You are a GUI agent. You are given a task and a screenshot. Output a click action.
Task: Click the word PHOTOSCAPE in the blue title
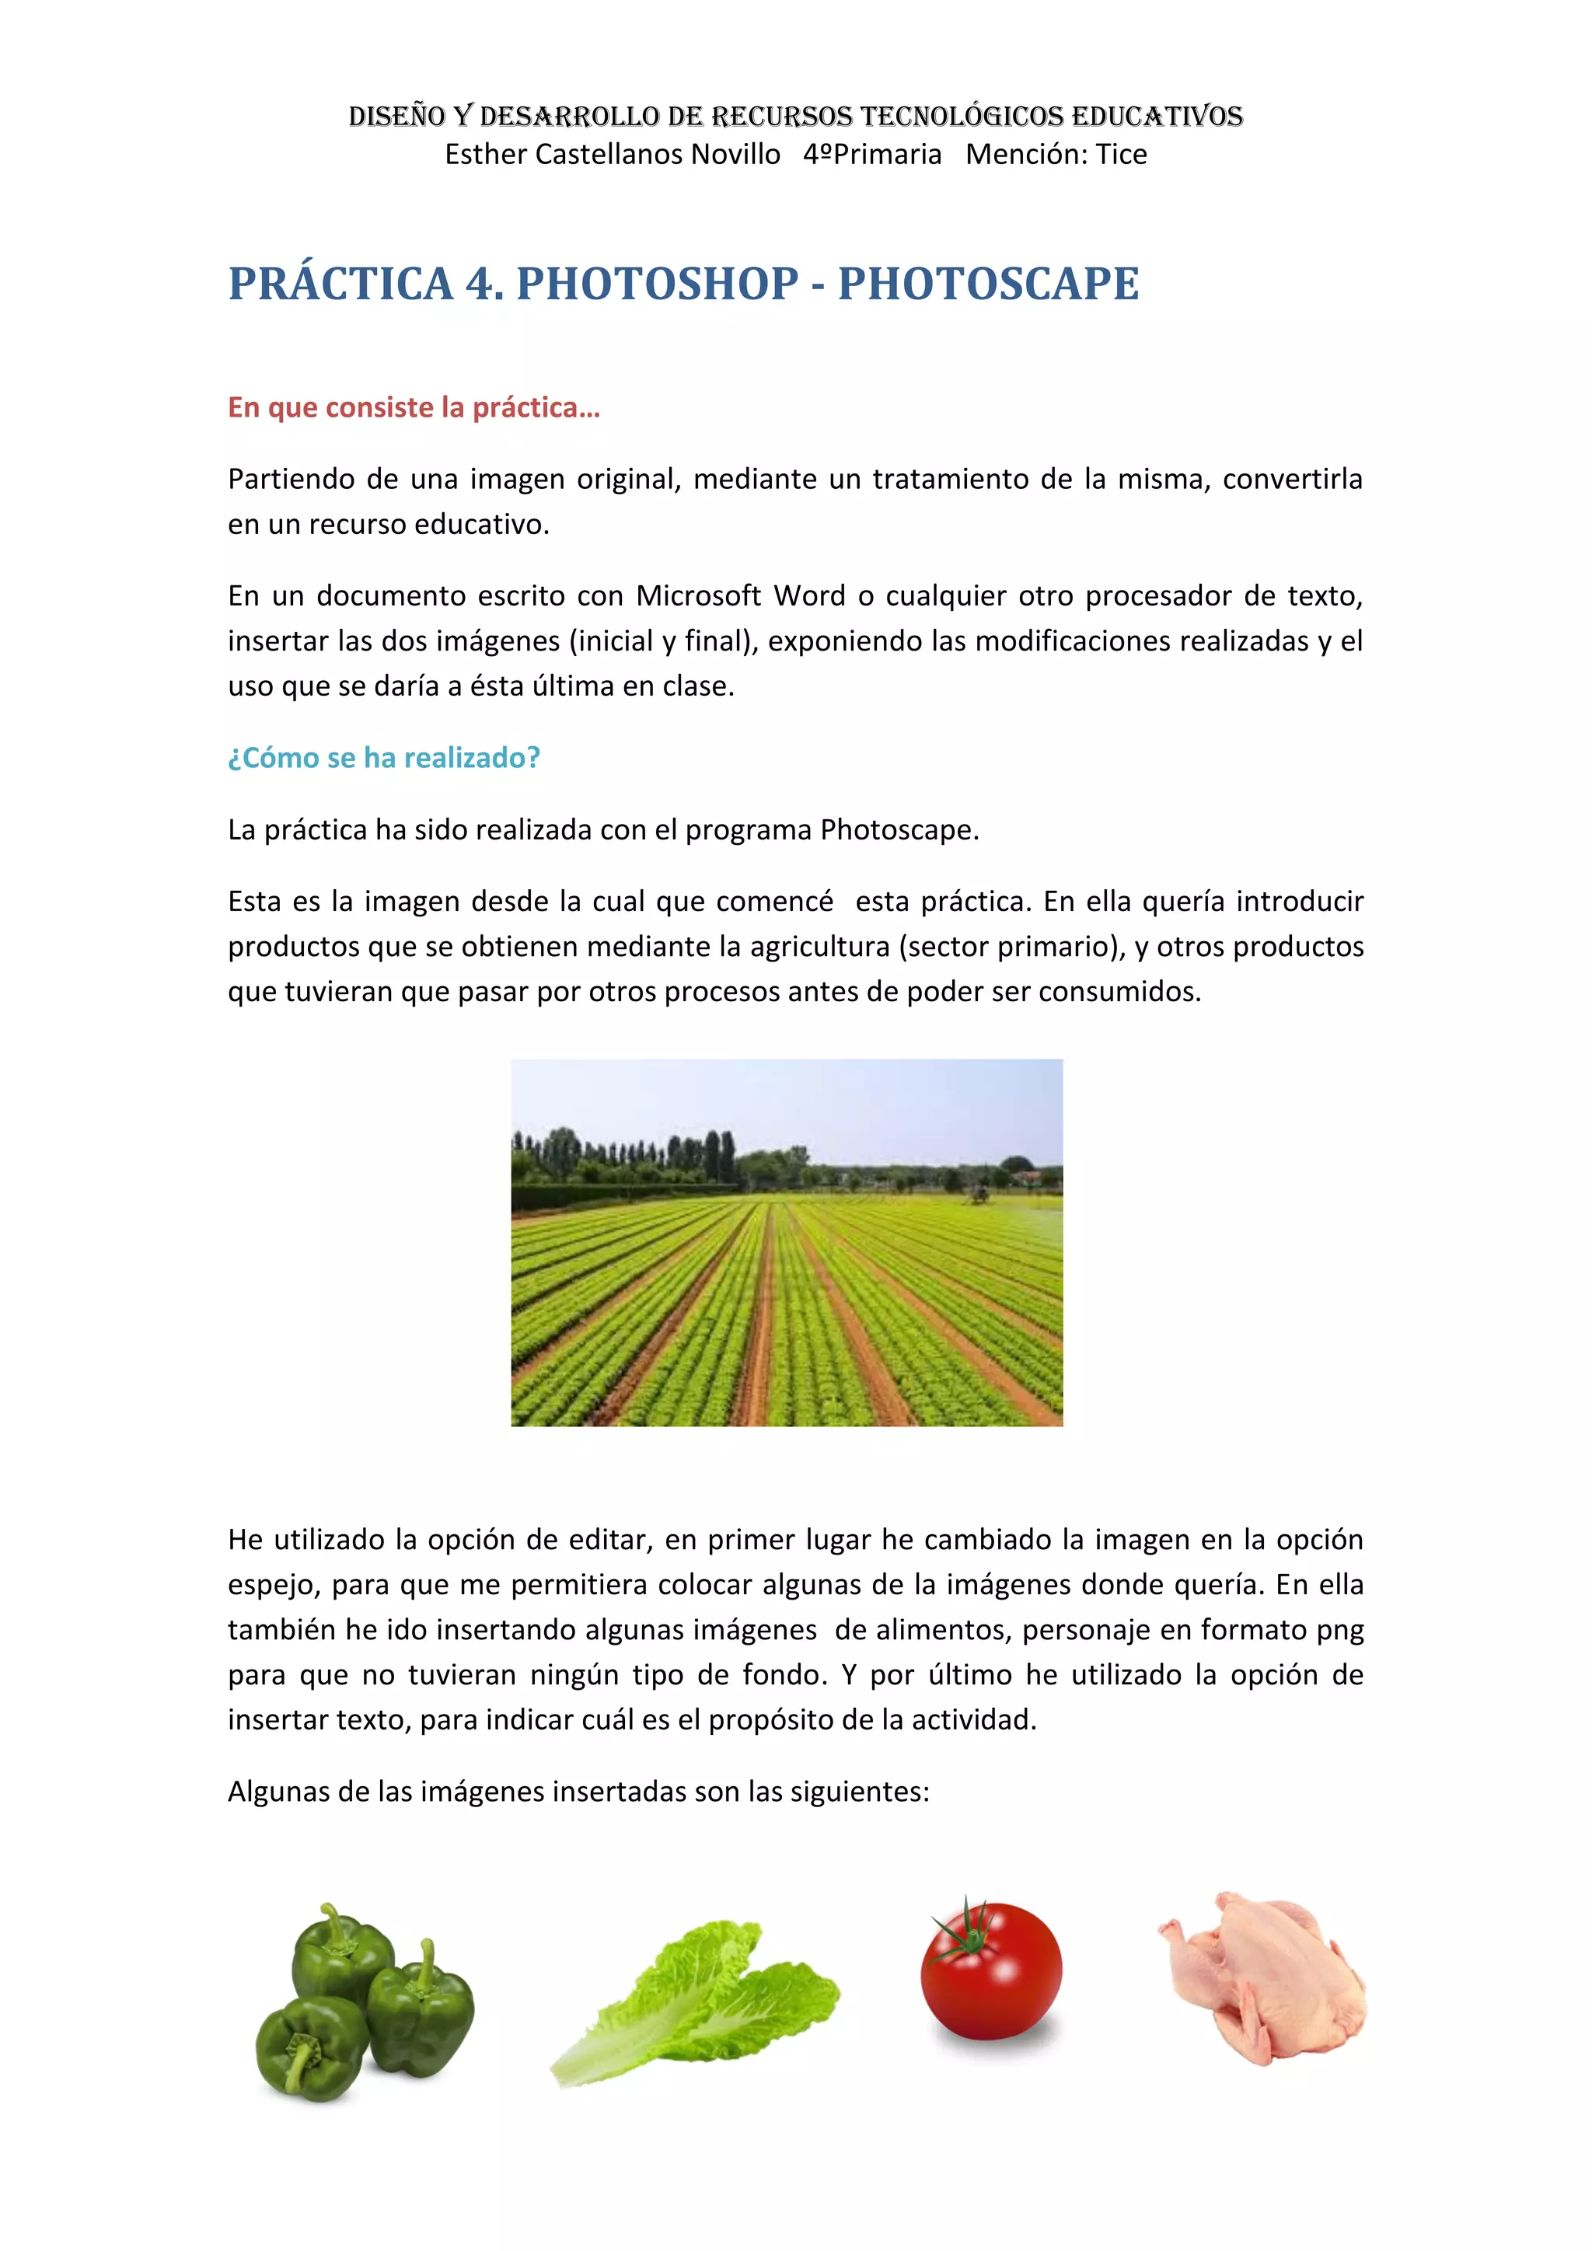[988, 284]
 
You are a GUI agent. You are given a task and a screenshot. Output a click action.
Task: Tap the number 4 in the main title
[481, 284]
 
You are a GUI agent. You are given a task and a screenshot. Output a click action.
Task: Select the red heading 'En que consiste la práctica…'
[414, 408]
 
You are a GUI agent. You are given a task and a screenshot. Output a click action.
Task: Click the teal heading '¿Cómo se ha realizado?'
[383, 758]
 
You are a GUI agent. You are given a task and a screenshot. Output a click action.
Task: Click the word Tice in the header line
[1122, 155]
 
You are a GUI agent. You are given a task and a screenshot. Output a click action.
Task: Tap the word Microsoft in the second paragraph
[699, 596]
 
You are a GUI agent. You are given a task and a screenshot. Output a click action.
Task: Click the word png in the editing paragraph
[1339, 1631]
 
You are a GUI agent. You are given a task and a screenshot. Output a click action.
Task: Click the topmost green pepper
[338, 1950]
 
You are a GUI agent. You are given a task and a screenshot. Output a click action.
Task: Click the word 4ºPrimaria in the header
[872, 155]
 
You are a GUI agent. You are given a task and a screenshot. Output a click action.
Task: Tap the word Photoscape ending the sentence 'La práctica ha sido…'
[899, 830]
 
